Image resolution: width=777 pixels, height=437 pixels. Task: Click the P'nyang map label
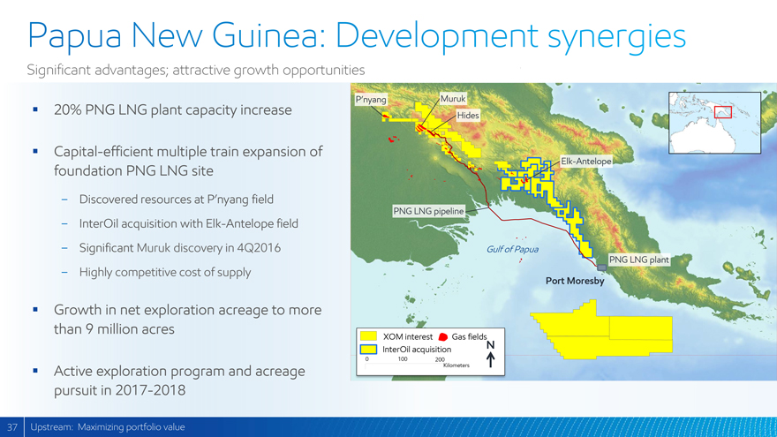click(x=371, y=100)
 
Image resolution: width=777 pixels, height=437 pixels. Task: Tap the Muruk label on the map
click(x=453, y=99)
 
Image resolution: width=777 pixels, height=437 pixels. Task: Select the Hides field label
click(x=468, y=116)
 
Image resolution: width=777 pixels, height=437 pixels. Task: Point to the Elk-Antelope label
click(x=585, y=161)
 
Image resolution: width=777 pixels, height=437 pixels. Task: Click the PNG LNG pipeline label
click(x=428, y=211)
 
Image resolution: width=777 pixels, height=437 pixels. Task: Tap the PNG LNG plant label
click(x=638, y=260)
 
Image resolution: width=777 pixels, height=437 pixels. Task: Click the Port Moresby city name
click(x=575, y=281)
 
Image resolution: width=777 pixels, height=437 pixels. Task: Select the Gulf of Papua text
click(x=512, y=249)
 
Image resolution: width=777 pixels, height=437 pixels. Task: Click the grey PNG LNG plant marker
click(x=601, y=267)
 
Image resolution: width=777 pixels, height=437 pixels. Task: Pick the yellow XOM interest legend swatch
click(x=368, y=336)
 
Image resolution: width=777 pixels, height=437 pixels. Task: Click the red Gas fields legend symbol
click(x=443, y=337)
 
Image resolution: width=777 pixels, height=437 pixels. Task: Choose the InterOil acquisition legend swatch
click(x=368, y=350)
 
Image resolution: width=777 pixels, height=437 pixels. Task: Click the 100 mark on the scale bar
click(x=403, y=359)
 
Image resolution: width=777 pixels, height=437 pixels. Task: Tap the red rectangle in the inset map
click(x=723, y=112)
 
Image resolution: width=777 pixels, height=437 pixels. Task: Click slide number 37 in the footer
click(x=11, y=427)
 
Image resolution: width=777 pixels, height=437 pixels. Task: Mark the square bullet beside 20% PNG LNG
click(x=35, y=109)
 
